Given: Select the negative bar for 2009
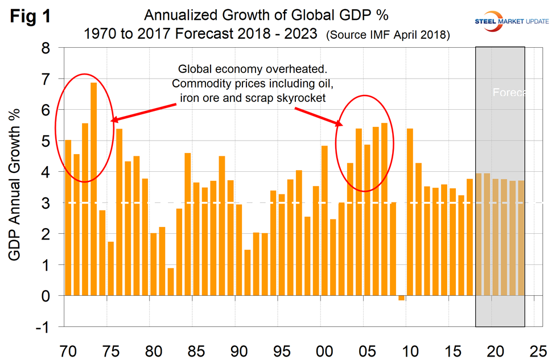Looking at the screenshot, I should [401, 298].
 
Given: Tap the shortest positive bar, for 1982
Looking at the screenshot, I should [171, 282].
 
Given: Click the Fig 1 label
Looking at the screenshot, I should [31, 16].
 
